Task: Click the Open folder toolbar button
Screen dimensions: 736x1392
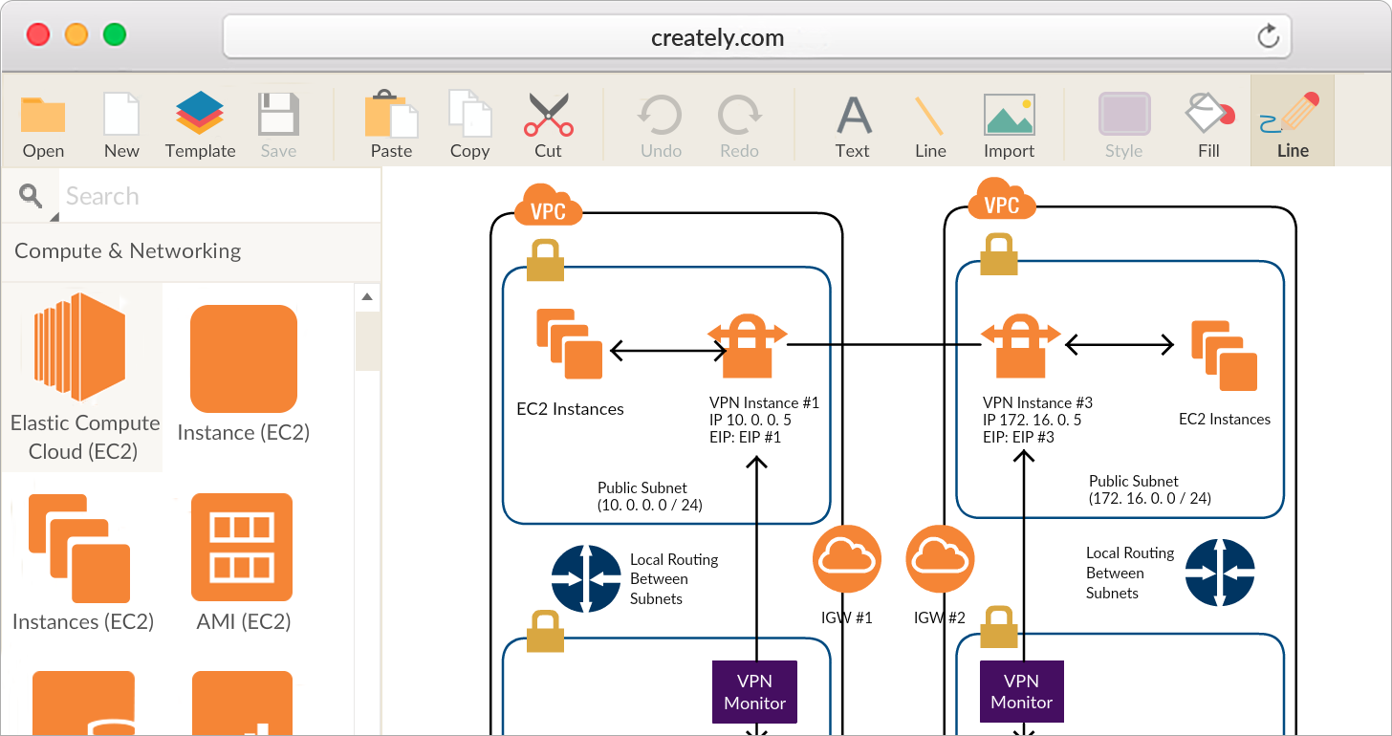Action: [x=43, y=116]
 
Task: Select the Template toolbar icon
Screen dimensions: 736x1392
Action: [x=200, y=114]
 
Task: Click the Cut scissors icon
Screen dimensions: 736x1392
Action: [x=548, y=115]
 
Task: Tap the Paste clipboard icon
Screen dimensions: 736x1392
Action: [x=391, y=115]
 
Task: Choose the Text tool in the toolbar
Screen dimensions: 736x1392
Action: [x=853, y=115]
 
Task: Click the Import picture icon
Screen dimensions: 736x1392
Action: [x=1009, y=115]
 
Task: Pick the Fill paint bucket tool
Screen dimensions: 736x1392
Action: [x=1208, y=114]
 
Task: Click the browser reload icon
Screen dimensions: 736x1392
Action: [x=1268, y=37]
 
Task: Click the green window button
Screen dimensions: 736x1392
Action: [x=115, y=35]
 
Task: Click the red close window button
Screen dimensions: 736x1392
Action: [x=38, y=35]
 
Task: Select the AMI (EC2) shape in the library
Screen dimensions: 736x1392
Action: [x=243, y=547]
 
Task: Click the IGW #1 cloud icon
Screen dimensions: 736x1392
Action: [x=847, y=558]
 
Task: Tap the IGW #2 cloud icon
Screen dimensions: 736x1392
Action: [x=940, y=558]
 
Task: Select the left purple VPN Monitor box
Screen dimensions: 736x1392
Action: [x=754, y=692]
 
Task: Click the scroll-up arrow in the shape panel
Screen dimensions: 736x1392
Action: [x=367, y=297]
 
